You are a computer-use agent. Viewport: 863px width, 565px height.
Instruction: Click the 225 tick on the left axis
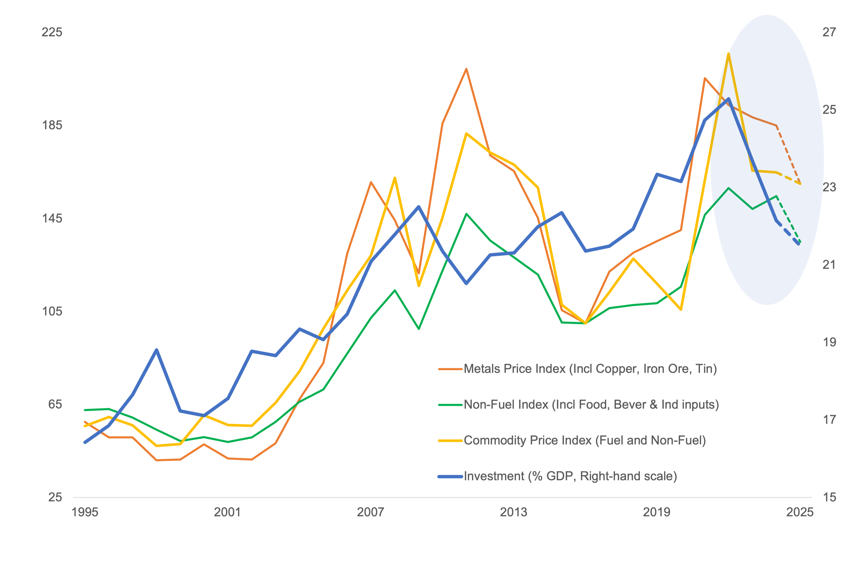[52, 32]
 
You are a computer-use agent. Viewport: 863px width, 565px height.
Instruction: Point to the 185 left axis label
[52, 125]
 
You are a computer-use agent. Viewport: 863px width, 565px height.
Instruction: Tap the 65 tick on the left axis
[55, 404]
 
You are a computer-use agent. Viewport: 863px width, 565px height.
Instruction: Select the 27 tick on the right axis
[829, 32]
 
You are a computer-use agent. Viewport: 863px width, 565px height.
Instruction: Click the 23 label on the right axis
[829, 187]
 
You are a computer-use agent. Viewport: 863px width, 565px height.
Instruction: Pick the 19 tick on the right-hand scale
[829, 342]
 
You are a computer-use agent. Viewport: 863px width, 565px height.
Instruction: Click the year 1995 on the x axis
[85, 512]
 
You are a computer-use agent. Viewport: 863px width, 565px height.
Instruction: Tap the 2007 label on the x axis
[370, 512]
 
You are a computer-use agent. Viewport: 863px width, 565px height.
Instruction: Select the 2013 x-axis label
[513, 512]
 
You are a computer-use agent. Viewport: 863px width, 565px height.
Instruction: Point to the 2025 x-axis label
[799, 512]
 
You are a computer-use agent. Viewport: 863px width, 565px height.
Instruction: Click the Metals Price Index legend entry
[590, 369]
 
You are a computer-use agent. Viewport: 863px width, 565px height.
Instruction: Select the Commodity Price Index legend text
[584, 440]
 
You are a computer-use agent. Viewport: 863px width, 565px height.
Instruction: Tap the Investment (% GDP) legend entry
[570, 476]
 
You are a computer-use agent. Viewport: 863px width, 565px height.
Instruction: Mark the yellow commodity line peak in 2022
[728, 54]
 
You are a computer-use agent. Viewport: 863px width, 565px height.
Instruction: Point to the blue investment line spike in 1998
[156, 350]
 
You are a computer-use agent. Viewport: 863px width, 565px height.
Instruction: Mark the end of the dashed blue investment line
[799, 245]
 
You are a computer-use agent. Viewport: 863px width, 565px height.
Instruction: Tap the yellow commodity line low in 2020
[681, 310]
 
